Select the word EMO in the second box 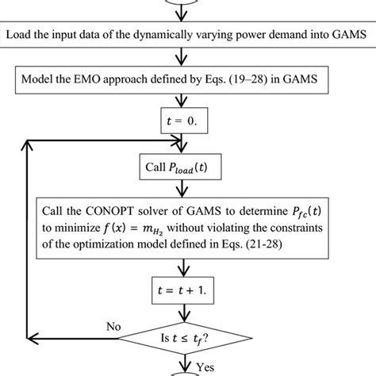click(93, 80)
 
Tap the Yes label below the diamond click(206, 366)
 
